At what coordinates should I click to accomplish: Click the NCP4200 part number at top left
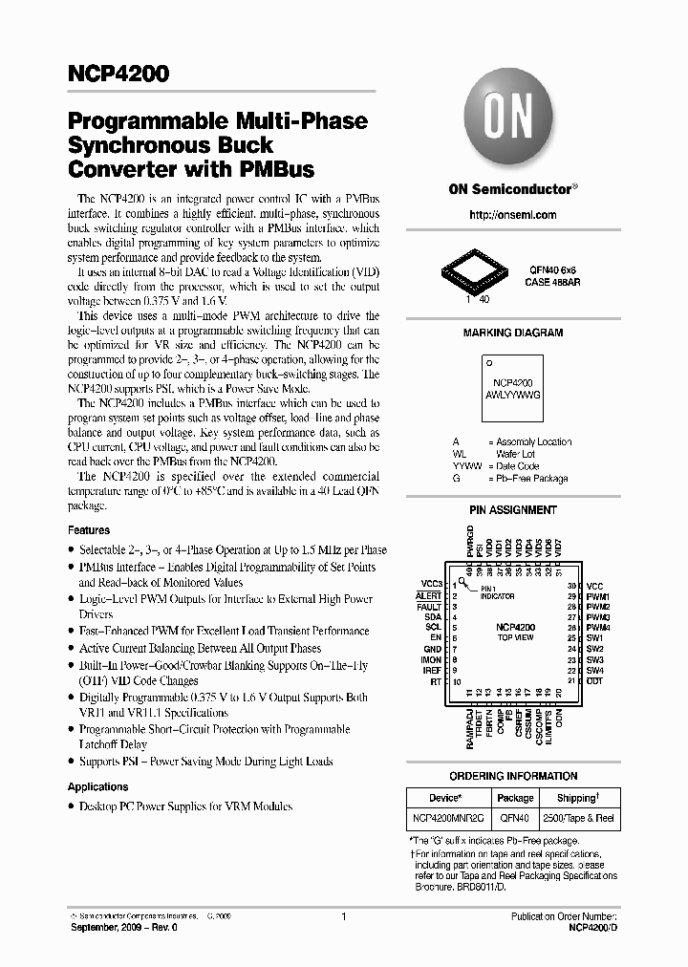tap(118, 74)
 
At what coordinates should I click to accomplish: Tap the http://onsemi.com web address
tap(512, 215)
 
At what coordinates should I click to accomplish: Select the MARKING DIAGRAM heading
tap(512, 333)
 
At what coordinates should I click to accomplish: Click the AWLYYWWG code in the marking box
tap(512, 393)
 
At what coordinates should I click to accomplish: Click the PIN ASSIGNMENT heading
tap(512, 510)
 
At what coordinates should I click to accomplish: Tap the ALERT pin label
tap(429, 595)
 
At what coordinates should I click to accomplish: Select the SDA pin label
tap(433, 617)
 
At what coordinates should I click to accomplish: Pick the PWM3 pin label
tap(598, 617)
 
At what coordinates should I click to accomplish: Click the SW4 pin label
tap(594, 671)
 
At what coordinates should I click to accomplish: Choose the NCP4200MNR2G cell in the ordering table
tap(448, 820)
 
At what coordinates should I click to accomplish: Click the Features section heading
tap(89, 529)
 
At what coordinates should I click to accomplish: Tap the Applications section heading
tap(97, 786)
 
